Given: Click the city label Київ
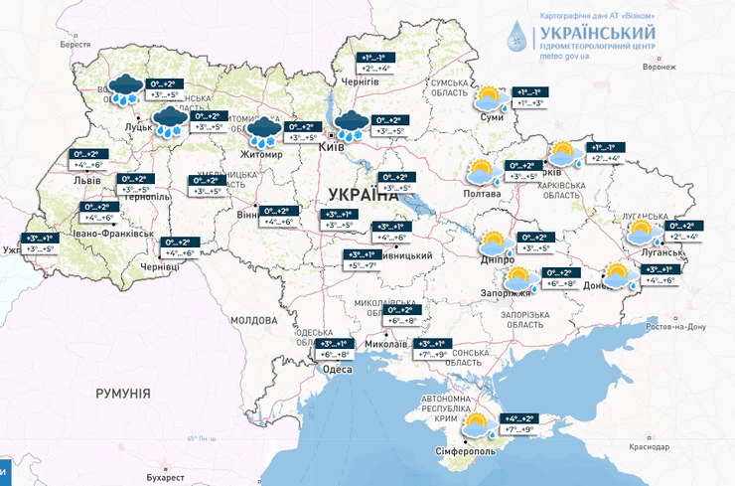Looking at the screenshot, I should tap(333, 146).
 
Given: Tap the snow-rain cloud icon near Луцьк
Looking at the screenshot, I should tap(123, 88).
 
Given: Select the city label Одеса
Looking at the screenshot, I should tap(338, 369).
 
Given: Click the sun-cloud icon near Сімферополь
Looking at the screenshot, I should tap(478, 425).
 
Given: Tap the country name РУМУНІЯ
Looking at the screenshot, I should tap(123, 394).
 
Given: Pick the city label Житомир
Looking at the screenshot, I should tap(261, 156).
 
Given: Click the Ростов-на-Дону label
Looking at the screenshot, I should tap(675, 326).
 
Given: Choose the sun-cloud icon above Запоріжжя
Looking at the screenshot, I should tap(518, 278).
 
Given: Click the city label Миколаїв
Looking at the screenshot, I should tap(386, 344).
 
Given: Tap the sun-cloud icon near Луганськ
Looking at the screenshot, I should tap(641, 235).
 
